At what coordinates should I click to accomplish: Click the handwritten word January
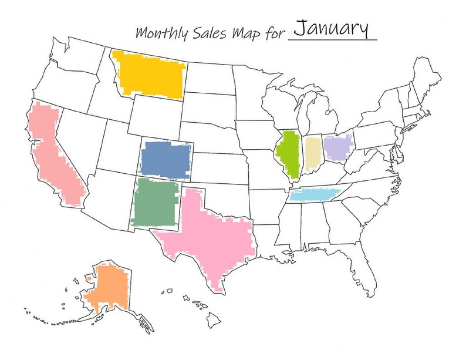point(330,29)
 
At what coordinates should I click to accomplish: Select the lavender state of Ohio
point(337,147)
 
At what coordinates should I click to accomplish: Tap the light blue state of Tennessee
point(317,194)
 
